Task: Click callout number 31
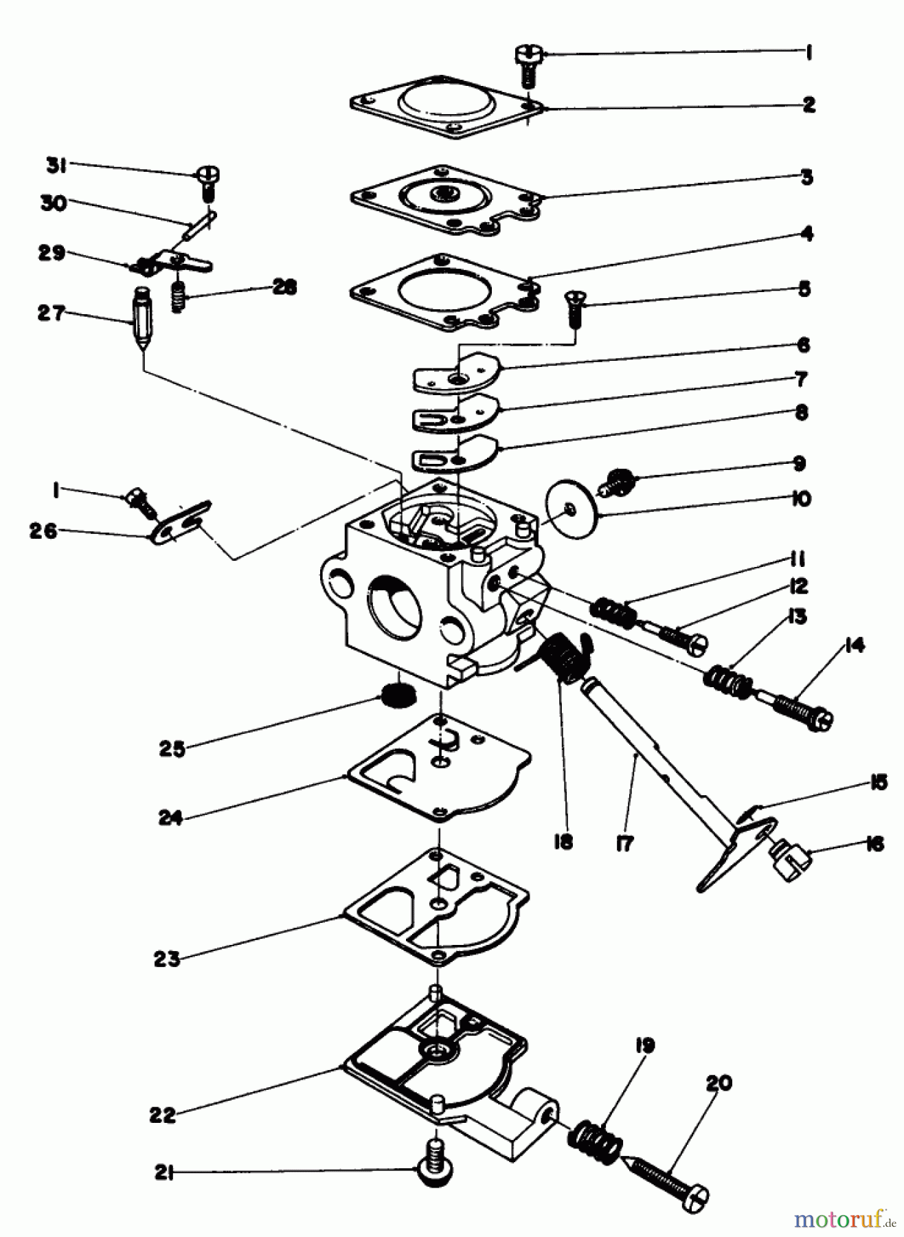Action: coord(56,165)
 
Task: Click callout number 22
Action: coord(163,1115)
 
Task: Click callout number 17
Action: coord(625,843)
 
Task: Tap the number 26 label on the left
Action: coord(43,531)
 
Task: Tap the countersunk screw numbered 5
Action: coord(573,309)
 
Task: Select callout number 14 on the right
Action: coord(855,646)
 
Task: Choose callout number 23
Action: coord(166,959)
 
